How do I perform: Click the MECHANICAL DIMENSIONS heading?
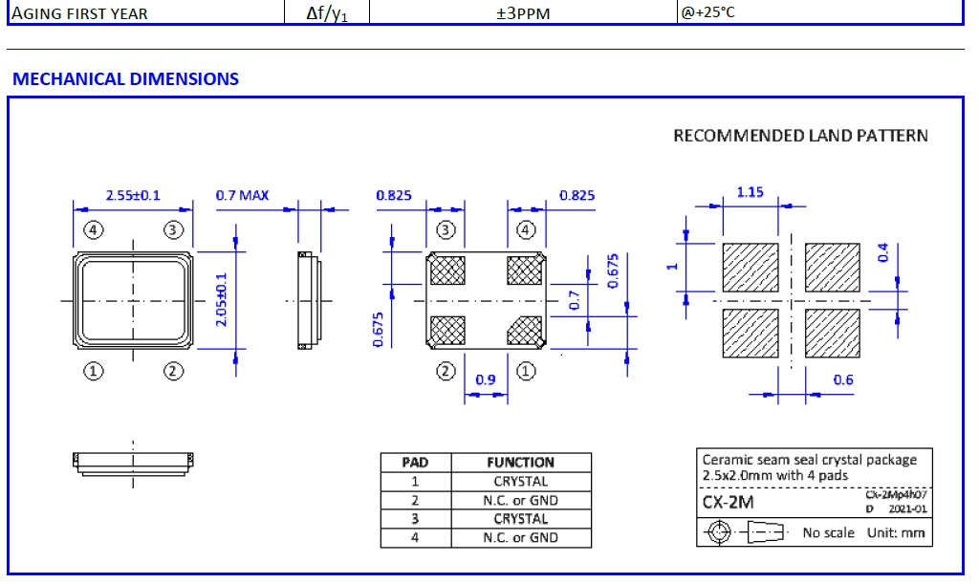(x=125, y=79)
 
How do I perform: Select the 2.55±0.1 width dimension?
(x=133, y=196)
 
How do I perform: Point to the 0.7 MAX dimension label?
(x=242, y=196)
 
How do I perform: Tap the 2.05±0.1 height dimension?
(x=221, y=299)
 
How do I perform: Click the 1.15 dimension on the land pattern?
(x=750, y=192)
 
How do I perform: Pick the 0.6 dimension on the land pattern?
(x=842, y=379)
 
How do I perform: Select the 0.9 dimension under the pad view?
(x=486, y=379)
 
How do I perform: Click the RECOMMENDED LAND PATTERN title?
(x=800, y=136)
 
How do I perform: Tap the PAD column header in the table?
(x=414, y=463)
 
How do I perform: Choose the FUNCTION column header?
(x=520, y=463)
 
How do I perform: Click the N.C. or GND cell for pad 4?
(x=520, y=538)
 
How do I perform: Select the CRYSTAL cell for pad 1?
(x=520, y=482)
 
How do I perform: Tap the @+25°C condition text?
(x=708, y=12)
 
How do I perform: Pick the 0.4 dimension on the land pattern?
(x=882, y=253)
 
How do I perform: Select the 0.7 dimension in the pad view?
(x=575, y=300)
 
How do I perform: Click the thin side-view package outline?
(x=305, y=299)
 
